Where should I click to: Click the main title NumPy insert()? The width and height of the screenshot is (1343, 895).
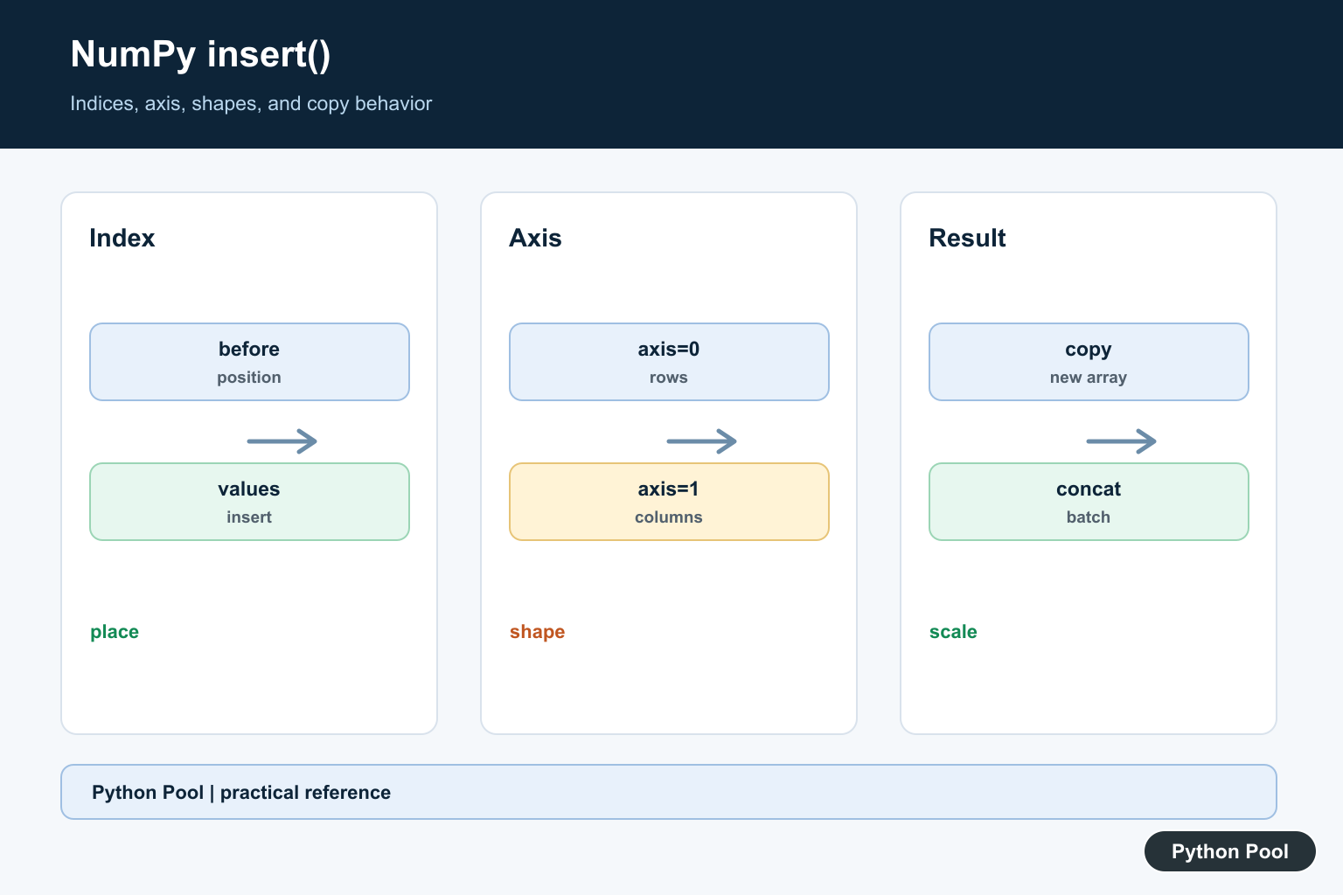pyautogui.click(x=200, y=55)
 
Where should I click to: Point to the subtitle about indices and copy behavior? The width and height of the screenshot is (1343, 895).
pyautogui.click(x=251, y=104)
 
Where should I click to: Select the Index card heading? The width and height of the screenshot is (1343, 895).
pyautogui.click(x=122, y=238)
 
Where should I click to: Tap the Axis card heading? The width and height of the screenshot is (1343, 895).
pyautogui.click(x=535, y=238)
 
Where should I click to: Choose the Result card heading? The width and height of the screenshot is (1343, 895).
pyautogui.click(x=967, y=238)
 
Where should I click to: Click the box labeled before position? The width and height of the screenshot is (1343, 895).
pyautogui.click(x=249, y=362)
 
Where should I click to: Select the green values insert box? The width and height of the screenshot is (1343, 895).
pyautogui.click(x=249, y=502)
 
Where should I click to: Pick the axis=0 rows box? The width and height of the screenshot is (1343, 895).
pyautogui.click(x=669, y=362)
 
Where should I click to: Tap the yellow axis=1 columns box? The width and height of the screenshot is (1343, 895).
pyautogui.click(x=669, y=502)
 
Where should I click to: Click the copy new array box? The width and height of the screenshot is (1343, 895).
pyautogui.click(x=1089, y=362)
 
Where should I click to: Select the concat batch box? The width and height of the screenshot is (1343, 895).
pyautogui.click(x=1089, y=502)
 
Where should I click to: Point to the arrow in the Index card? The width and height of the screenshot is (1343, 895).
pyautogui.click(x=282, y=441)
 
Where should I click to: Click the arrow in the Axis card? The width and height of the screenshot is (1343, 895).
pyautogui.click(x=701, y=441)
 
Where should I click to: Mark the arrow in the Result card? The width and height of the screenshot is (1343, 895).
pyautogui.click(x=1121, y=441)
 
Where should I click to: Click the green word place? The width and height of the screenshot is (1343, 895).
pyautogui.click(x=115, y=632)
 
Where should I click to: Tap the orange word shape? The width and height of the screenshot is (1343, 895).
pyautogui.click(x=537, y=632)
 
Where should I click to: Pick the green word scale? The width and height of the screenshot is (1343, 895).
pyautogui.click(x=953, y=632)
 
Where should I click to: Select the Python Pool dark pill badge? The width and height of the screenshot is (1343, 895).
pyautogui.click(x=1230, y=851)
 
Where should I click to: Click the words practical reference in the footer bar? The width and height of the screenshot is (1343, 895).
pyautogui.click(x=305, y=793)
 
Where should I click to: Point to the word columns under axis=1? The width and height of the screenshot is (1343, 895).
pyautogui.click(x=669, y=517)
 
